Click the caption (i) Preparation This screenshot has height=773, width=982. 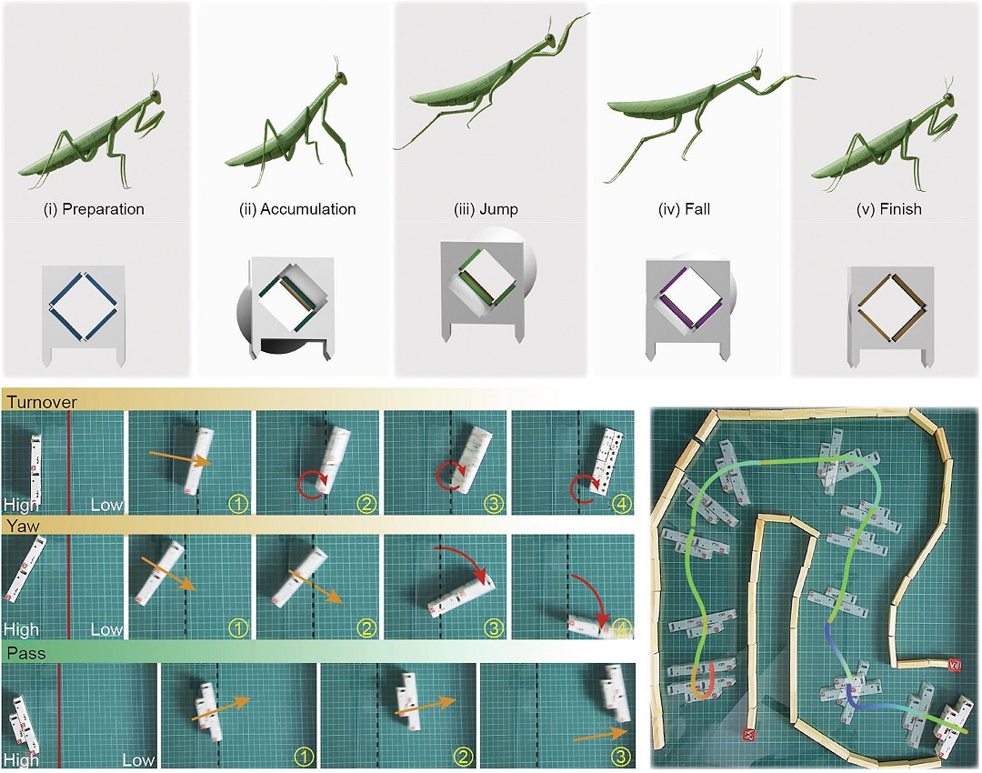coord(94,209)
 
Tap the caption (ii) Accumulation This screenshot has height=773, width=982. coord(296,209)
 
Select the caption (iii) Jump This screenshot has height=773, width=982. coord(486,209)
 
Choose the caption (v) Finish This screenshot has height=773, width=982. coord(888,209)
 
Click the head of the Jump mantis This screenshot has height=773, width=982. coord(549,41)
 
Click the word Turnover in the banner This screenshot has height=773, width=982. coord(42,402)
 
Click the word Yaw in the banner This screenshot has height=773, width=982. coord(23,526)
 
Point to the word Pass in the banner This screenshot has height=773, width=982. coord(26,653)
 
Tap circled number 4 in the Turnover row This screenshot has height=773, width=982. coord(621,503)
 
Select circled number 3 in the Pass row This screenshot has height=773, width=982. coord(620,757)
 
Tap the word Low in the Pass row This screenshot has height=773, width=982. coord(138,760)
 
